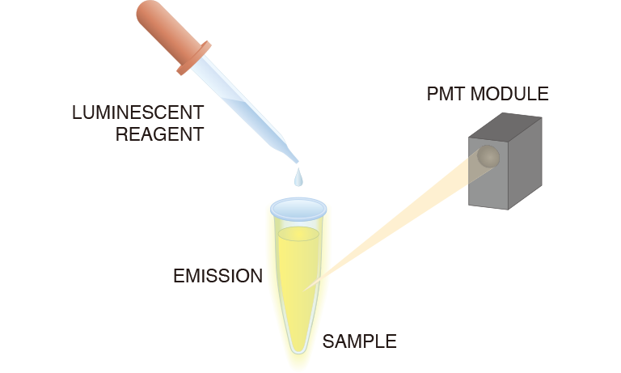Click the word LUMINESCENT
(137, 112)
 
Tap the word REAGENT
(159, 134)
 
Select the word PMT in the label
(445, 94)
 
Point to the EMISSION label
(218, 276)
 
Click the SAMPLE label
(359, 341)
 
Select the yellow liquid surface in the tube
(298, 234)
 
